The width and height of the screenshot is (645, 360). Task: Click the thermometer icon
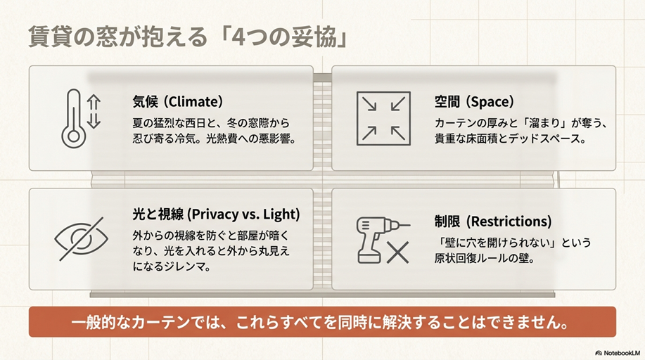click(72, 118)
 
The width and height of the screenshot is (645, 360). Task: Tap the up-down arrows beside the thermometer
click(94, 112)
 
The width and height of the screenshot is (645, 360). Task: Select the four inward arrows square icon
click(380, 118)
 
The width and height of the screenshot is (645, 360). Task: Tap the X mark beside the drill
click(398, 252)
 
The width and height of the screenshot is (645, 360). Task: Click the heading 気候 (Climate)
click(177, 102)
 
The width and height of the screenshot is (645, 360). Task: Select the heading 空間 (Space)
click(474, 102)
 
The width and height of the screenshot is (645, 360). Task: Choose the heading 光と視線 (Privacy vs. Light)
click(216, 214)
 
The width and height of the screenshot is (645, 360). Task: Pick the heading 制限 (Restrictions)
click(492, 221)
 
